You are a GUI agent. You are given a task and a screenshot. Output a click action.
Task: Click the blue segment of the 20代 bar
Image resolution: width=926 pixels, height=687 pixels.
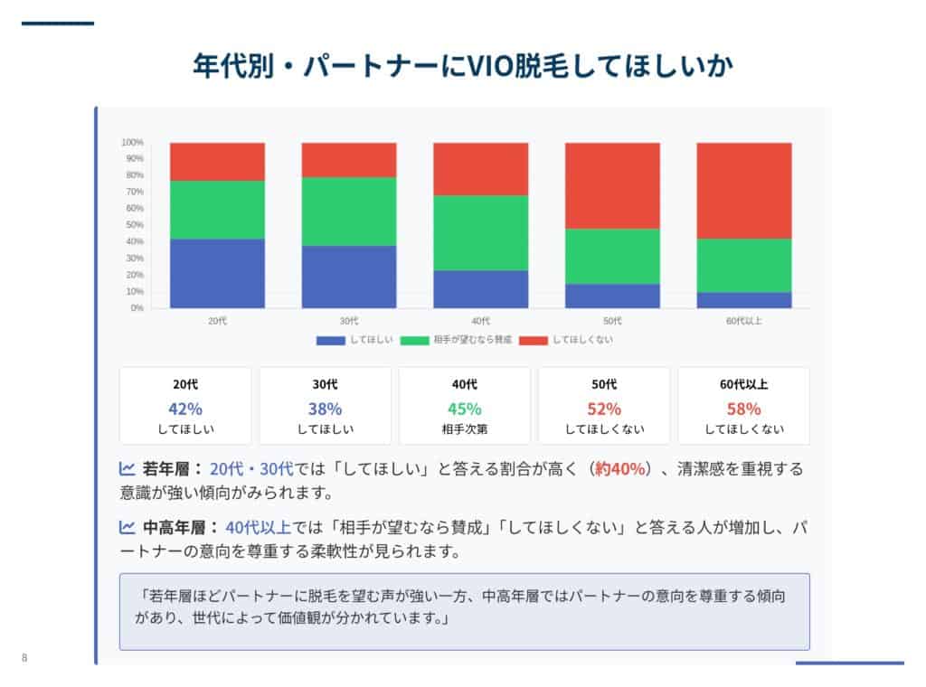point(217,273)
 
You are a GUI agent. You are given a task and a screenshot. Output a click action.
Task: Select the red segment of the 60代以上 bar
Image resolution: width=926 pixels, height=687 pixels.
point(744,190)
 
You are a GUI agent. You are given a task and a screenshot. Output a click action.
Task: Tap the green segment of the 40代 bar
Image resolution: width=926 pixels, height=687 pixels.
point(480,232)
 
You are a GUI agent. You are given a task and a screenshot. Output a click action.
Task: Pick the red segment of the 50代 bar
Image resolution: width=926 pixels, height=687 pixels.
point(612,185)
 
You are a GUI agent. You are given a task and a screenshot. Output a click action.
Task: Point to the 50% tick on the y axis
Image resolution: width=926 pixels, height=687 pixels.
point(132,225)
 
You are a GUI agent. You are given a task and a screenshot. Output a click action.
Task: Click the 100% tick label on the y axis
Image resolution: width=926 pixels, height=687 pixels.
point(132,143)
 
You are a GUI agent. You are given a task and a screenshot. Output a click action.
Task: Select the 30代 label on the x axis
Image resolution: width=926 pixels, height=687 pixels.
point(349,321)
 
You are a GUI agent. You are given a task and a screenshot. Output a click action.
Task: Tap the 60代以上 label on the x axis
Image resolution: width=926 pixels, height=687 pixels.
point(744,321)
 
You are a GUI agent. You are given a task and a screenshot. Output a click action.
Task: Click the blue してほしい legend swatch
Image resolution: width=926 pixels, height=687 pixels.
point(331,340)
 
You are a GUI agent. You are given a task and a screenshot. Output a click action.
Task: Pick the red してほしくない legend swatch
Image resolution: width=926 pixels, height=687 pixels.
point(534,340)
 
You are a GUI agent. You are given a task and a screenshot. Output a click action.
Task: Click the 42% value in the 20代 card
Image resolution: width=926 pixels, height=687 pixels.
point(185,408)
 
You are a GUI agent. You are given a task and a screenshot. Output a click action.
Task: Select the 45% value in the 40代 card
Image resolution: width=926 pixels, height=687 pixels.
point(465,408)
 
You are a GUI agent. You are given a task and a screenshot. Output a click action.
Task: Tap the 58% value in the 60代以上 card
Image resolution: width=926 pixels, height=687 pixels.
point(744,408)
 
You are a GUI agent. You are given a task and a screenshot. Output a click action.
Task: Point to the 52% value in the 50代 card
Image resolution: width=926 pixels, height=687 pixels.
point(604,408)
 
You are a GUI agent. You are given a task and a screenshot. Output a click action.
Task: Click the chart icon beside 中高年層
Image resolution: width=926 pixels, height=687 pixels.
point(128,527)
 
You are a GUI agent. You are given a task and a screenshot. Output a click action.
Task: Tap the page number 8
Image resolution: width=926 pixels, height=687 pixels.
point(24,658)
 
